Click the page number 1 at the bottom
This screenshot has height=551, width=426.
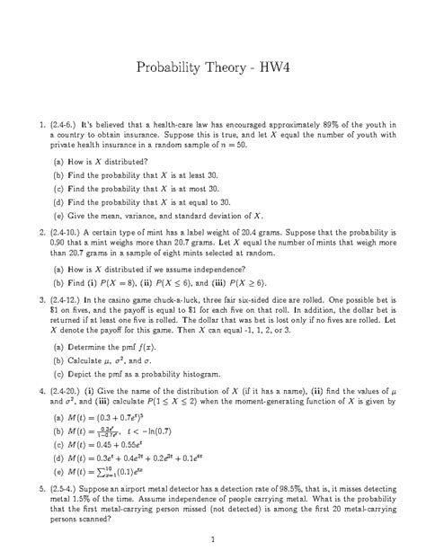pyautogui.click(x=212, y=538)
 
